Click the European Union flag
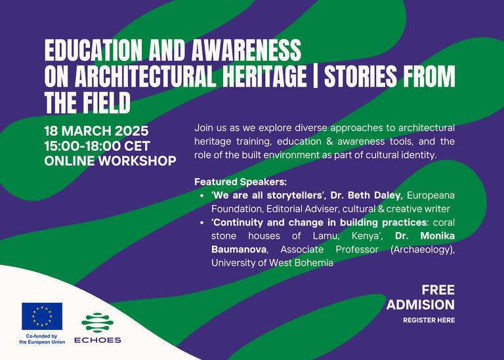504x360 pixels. click(x=42, y=316)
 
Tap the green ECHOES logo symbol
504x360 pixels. click(x=97, y=323)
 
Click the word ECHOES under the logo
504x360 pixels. click(x=97, y=340)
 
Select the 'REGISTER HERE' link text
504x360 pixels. click(x=429, y=320)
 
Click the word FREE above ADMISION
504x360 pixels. click(x=438, y=290)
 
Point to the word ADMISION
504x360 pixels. click(x=421, y=305)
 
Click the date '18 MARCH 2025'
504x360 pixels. click(x=96, y=131)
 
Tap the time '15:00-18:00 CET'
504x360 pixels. click(x=97, y=146)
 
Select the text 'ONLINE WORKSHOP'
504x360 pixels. click(x=110, y=161)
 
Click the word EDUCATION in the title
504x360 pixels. click(x=93, y=50)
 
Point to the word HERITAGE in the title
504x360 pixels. click(x=264, y=77)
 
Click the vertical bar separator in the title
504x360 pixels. click(x=315, y=77)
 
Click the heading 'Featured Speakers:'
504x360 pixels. click(x=240, y=182)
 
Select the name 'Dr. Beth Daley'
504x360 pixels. click(x=366, y=195)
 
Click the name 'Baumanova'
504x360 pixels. click(x=239, y=249)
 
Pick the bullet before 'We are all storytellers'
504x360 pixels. click(x=202, y=195)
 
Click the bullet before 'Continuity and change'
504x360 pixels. click(x=202, y=222)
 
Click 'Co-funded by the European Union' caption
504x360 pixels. click(x=42, y=339)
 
